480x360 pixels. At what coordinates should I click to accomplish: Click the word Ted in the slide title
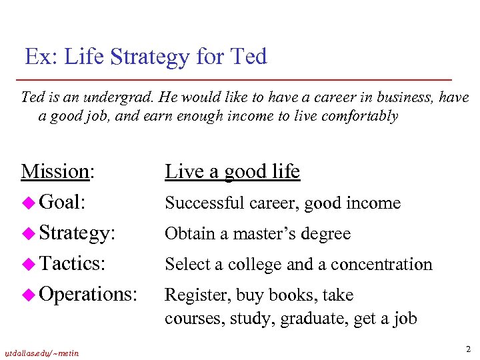(x=248, y=57)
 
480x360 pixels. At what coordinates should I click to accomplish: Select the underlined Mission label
(x=56, y=171)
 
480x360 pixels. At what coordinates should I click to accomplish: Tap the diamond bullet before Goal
(x=29, y=203)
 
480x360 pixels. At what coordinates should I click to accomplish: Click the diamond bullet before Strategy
(x=29, y=233)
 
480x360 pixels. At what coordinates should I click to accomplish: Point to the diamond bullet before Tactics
(x=29, y=264)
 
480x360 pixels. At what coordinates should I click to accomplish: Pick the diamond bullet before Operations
(x=29, y=295)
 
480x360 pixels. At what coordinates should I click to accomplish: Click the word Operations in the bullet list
(x=89, y=295)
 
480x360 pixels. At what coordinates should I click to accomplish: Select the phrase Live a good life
(x=232, y=171)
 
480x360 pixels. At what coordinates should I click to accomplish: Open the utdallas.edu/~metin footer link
(x=41, y=353)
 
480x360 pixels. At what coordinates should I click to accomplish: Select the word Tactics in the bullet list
(x=71, y=264)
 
